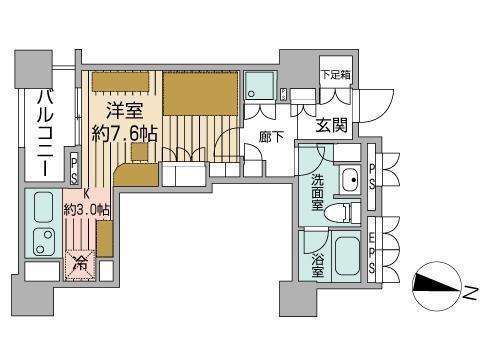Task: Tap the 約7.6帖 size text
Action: pyautogui.click(x=124, y=134)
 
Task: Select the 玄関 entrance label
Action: pyautogui.click(x=332, y=125)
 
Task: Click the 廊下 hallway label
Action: pyautogui.click(x=271, y=137)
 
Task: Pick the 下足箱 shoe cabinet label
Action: pyautogui.click(x=336, y=74)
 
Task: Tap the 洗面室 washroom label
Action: pyautogui.click(x=317, y=193)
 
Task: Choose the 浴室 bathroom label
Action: pyautogui.click(x=318, y=266)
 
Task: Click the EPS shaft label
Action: pyautogui.click(x=372, y=253)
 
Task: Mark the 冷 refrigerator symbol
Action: pyautogui.click(x=80, y=264)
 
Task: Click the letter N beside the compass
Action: pyautogui.click(x=469, y=293)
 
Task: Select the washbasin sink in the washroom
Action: pyautogui.click(x=350, y=180)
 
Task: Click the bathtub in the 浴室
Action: pyautogui.click(x=347, y=256)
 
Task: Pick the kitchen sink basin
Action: pyautogui.click(x=44, y=207)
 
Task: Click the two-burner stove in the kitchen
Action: pyautogui.click(x=43, y=241)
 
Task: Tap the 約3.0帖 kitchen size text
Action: pyautogui.click(x=86, y=210)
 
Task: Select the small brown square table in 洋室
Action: pyautogui.click(x=140, y=152)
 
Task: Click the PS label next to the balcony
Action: pyautogui.click(x=74, y=170)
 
